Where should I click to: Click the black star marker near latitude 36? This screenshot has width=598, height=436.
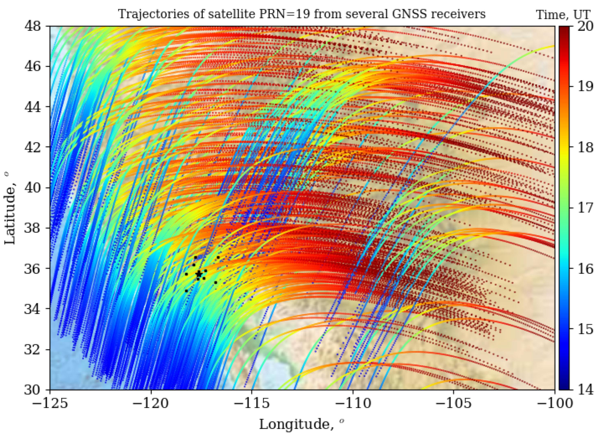(199, 274)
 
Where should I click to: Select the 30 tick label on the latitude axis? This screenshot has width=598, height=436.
(33, 390)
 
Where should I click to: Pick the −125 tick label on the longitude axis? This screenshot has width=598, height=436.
(50, 404)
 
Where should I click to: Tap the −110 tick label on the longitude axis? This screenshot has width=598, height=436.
(353, 404)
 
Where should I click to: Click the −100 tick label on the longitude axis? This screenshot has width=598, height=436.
(554, 404)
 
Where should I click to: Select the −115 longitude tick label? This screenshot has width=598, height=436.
(252, 404)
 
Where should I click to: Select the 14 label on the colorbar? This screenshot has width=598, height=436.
(584, 390)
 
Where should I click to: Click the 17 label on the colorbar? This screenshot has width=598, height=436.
(584, 208)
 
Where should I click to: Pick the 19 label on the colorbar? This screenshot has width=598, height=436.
(584, 86)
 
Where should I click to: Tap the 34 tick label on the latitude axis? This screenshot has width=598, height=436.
(33, 309)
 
